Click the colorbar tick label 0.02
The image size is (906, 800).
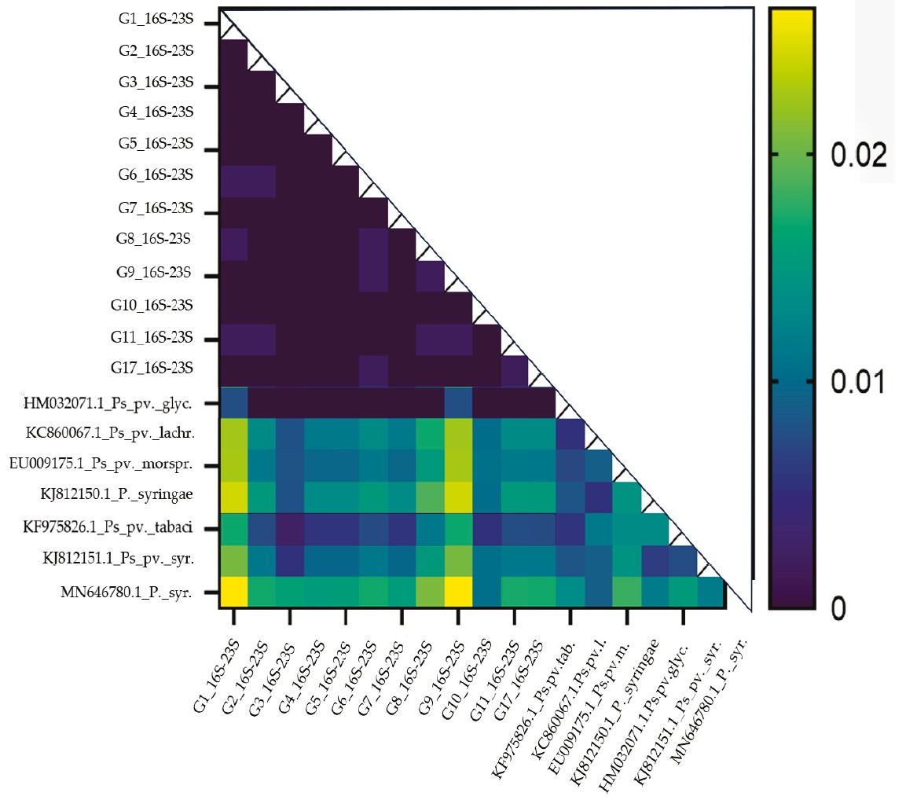point(859,155)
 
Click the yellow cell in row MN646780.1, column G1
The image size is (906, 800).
point(233,592)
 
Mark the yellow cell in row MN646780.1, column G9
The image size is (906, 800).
point(458,592)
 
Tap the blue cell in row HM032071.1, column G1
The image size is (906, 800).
point(233,403)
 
